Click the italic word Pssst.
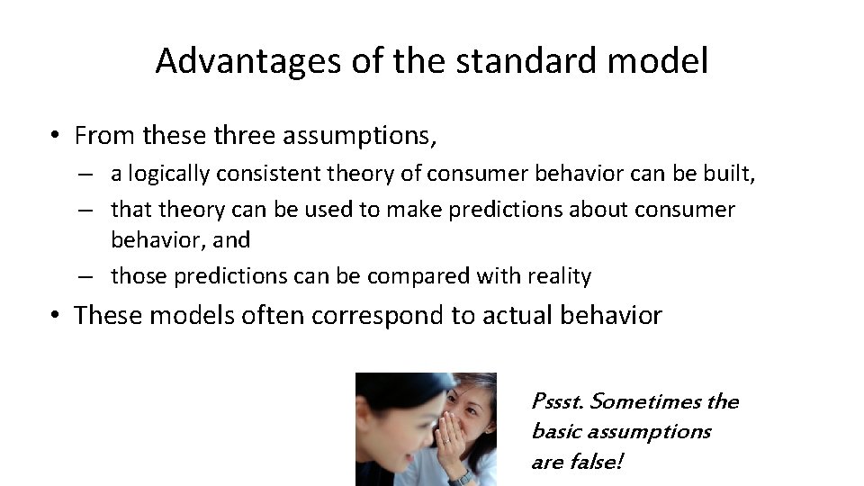click(557, 401)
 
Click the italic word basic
click(557, 432)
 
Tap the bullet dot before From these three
click(56, 137)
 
